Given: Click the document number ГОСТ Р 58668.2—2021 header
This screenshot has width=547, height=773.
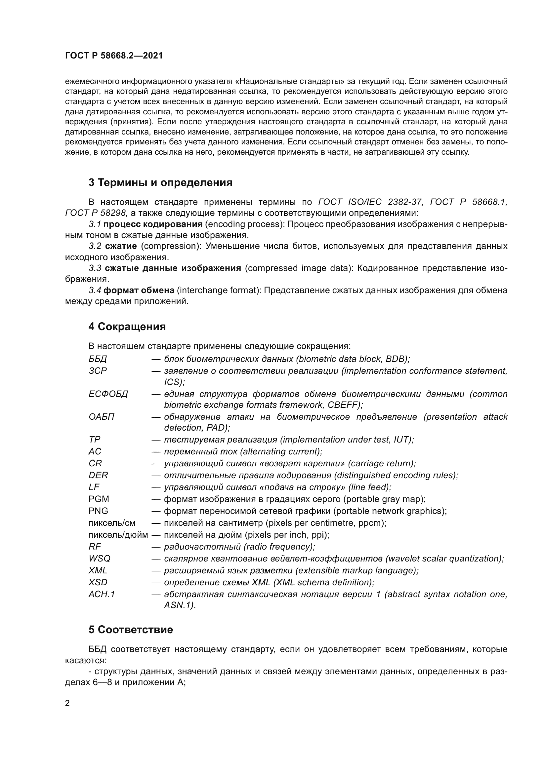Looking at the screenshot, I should [114, 56].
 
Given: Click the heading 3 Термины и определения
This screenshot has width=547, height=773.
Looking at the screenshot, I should [160, 182].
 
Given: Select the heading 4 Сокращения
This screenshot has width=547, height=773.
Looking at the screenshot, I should [127, 327].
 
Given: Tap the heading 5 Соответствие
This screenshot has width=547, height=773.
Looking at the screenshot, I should [131, 630].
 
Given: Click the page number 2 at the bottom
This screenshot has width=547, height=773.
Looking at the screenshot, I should [67, 703].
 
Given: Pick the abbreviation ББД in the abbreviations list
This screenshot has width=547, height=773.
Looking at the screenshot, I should [98, 359].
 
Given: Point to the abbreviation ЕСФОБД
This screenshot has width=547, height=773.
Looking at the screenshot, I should [108, 394].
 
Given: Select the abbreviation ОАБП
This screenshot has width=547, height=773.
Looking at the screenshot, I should [102, 417].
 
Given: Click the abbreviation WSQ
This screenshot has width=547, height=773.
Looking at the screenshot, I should [99, 559].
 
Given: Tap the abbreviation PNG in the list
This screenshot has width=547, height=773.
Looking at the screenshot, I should [98, 511].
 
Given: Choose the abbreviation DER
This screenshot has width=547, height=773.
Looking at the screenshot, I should [98, 475].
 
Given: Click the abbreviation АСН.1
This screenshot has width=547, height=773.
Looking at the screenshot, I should [102, 594].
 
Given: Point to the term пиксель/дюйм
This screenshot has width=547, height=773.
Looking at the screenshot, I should [118, 535].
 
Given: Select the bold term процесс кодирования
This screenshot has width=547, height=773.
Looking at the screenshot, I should [153, 224].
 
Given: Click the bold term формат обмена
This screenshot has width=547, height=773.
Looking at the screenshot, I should [139, 290].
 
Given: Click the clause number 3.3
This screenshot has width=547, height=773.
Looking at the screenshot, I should [95, 268].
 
